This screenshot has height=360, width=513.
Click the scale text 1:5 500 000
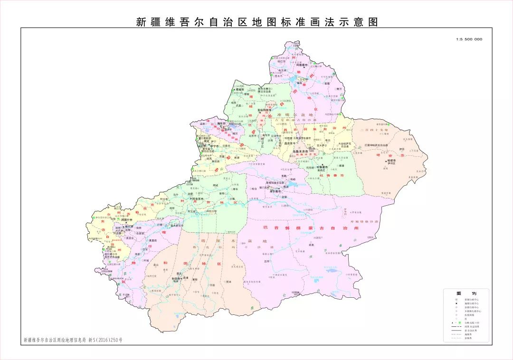click(x=469, y=39)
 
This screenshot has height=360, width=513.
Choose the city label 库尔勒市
click(x=275, y=191)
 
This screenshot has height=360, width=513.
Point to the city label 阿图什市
click(x=126, y=220)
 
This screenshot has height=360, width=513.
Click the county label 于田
click(x=212, y=285)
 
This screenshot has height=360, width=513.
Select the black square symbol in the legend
click(x=456, y=303)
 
